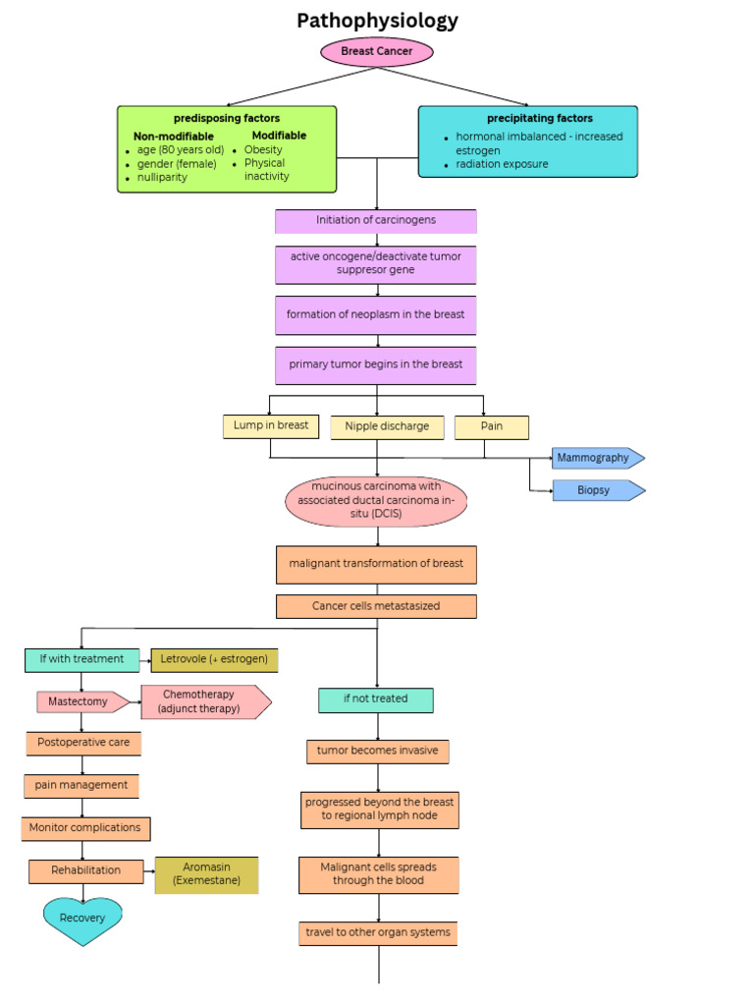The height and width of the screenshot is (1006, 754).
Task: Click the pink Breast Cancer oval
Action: click(376, 51)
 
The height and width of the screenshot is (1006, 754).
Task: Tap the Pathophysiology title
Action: click(377, 21)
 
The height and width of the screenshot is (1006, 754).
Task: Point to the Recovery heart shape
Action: click(82, 920)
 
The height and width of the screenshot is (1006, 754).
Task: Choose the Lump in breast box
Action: click(271, 426)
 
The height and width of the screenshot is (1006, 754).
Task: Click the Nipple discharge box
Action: click(387, 427)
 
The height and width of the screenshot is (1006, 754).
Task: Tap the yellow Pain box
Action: click(492, 427)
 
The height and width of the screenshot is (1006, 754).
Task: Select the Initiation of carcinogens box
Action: click(376, 221)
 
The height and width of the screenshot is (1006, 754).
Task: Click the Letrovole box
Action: click(214, 659)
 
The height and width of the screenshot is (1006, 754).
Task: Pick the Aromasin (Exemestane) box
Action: click(206, 874)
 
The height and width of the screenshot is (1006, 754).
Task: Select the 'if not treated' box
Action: click(376, 699)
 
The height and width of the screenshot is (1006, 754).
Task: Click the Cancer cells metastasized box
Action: click(376, 606)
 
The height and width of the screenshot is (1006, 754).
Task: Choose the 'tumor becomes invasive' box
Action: click(378, 752)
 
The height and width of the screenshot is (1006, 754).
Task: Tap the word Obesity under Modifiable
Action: click(263, 150)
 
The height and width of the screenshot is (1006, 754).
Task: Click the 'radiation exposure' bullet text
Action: click(502, 164)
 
